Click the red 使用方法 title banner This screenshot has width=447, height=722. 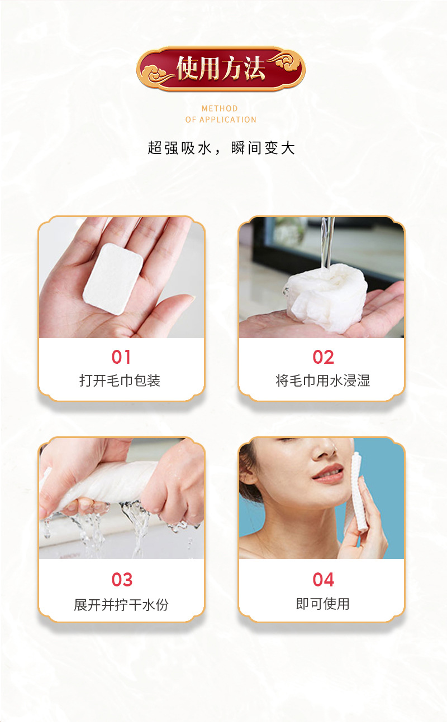(221, 69)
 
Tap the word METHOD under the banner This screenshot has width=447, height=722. (220, 109)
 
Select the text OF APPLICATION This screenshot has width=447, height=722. (221, 120)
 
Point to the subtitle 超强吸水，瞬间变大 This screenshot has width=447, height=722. (221, 148)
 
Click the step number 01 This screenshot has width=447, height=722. (121, 357)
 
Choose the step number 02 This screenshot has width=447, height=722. (323, 357)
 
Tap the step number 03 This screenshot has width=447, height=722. (122, 580)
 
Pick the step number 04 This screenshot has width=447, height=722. (323, 580)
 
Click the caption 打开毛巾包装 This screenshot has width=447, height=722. (120, 381)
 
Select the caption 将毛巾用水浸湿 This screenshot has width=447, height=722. (323, 381)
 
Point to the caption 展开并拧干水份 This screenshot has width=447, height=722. (121, 605)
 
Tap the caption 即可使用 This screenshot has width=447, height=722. (323, 604)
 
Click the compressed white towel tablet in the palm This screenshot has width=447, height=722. (113, 279)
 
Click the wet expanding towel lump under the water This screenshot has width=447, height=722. (325, 298)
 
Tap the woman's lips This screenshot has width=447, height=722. (327, 474)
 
